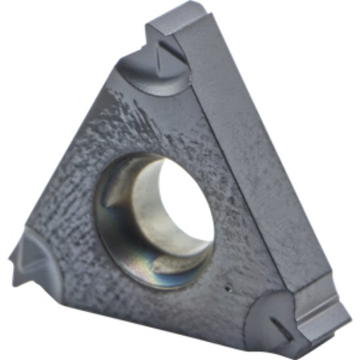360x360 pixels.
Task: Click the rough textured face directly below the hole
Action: [x=157, y=308]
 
